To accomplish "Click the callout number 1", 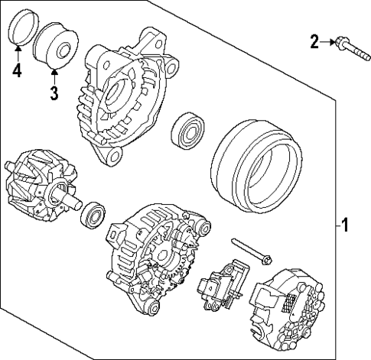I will (x=345, y=225).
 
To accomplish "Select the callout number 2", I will (x=314, y=41).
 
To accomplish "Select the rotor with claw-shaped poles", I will (x=34, y=186).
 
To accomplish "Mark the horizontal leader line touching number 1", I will (x=336, y=225).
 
